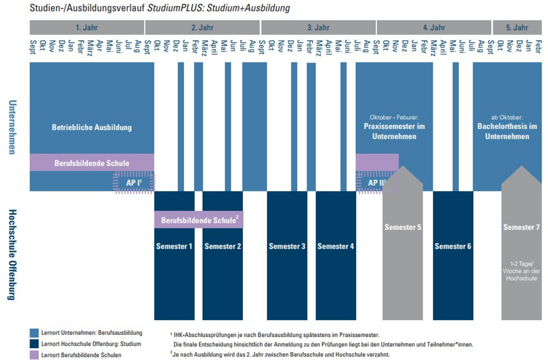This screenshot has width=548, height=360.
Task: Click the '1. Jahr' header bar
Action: pos(87,27)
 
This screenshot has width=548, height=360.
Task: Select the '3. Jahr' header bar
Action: pos(318,27)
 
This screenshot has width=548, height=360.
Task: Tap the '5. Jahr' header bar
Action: pos(517,27)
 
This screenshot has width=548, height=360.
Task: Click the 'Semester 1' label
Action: pos(174,246)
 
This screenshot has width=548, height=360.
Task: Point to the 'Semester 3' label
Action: pos(287,246)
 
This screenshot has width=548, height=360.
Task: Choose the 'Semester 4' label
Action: pos(336,246)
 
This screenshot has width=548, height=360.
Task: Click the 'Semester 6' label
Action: pos(453,246)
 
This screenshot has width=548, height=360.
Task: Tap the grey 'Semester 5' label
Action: pos(402,227)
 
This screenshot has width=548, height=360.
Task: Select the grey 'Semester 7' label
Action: pos(521,227)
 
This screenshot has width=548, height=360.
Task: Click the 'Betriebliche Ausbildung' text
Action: pos(91,127)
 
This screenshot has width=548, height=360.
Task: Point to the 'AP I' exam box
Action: pos(135,183)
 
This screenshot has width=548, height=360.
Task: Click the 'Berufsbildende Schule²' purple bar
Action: pos(199,220)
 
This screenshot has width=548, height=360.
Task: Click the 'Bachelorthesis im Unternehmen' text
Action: pos(507,131)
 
